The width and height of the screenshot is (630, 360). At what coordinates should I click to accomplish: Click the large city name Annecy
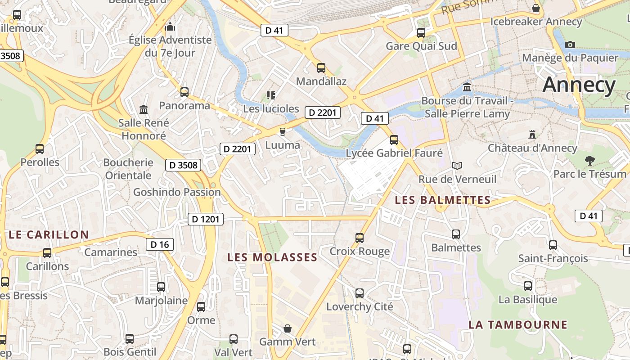pyautogui.click(x=579, y=85)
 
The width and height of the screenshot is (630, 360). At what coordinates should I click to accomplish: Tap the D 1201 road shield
pyautogui.click(x=205, y=219)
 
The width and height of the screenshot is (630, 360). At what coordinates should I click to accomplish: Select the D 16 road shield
pyautogui.click(x=159, y=244)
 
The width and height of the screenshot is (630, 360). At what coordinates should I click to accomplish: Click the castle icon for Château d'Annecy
pyautogui.click(x=532, y=135)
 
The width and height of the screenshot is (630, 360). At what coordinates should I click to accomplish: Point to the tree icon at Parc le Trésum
pyautogui.click(x=589, y=161)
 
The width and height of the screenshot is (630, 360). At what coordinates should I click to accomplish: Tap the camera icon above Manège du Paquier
pyautogui.click(x=570, y=45)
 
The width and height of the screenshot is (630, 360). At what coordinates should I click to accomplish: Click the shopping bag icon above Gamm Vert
pyautogui.click(x=287, y=329)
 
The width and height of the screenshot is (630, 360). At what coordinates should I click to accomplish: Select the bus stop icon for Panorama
pyautogui.click(x=184, y=92)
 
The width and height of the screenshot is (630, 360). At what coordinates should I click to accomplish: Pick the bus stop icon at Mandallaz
pyautogui.click(x=321, y=68)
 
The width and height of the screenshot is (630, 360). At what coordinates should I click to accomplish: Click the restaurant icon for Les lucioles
pyautogui.click(x=270, y=95)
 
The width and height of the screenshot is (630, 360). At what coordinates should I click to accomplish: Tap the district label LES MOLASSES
pyautogui.click(x=272, y=257)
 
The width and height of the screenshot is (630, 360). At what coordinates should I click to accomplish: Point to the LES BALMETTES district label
pyautogui.click(x=442, y=200)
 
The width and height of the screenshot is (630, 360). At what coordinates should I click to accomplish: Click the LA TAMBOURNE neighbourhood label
pyautogui.click(x=517, y=324)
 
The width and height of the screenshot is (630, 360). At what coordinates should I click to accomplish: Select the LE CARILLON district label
pyautogui.click(x=49, y=234)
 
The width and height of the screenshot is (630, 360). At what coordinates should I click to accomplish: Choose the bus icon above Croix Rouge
pyautogui.click(x=359, y=238)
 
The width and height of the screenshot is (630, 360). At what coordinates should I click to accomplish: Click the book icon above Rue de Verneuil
pyautogui.click(x=457, y=166)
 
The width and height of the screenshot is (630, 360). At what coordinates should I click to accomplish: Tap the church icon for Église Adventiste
pyautogui.click(x=170, y=27)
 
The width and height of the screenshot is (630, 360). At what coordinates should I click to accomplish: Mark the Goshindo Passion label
pyautogui.click(x=177, y=192)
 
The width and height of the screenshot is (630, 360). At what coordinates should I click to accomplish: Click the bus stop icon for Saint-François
pyautogui.click(x=553, y=245)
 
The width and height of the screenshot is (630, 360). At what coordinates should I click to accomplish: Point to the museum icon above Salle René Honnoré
pyautogui.click(x=144, y=109)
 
